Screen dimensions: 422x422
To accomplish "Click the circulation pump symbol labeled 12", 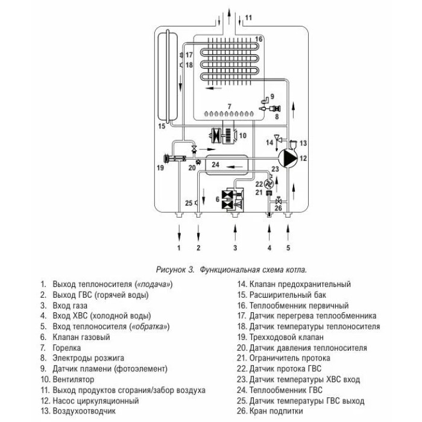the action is [x=288, y=158].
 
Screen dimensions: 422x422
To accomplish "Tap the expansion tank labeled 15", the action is [x=168, y=77].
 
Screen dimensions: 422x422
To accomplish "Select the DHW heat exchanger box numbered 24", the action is [x=227, y=165].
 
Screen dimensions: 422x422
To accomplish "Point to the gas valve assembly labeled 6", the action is [x=233, y=199].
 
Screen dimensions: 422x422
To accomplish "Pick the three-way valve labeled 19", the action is [x=175, y=159].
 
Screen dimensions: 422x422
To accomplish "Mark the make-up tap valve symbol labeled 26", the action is [x=279, y=201].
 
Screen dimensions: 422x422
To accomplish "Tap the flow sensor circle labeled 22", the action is [x=269, y=184].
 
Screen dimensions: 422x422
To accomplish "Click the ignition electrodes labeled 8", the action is [x=270, y=109].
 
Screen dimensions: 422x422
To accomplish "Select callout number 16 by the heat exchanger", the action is [x=259, y=39].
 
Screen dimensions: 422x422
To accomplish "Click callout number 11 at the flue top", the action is [x=248, y=17].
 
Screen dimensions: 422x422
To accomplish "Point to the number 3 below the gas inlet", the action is [x=235, y=248].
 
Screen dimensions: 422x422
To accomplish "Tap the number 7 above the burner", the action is [x=229, y=107].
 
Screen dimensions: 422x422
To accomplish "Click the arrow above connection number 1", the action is [x=179, y=233].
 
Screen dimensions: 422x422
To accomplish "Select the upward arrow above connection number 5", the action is [x=288, y=232].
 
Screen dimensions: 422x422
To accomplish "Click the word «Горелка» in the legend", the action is [x=66, y=348].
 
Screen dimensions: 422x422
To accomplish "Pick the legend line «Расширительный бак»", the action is [x=288, y=295].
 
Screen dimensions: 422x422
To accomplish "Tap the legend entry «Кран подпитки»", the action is [x=276, y=411].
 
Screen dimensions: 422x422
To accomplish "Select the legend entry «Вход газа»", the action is [x=70, y=306].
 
